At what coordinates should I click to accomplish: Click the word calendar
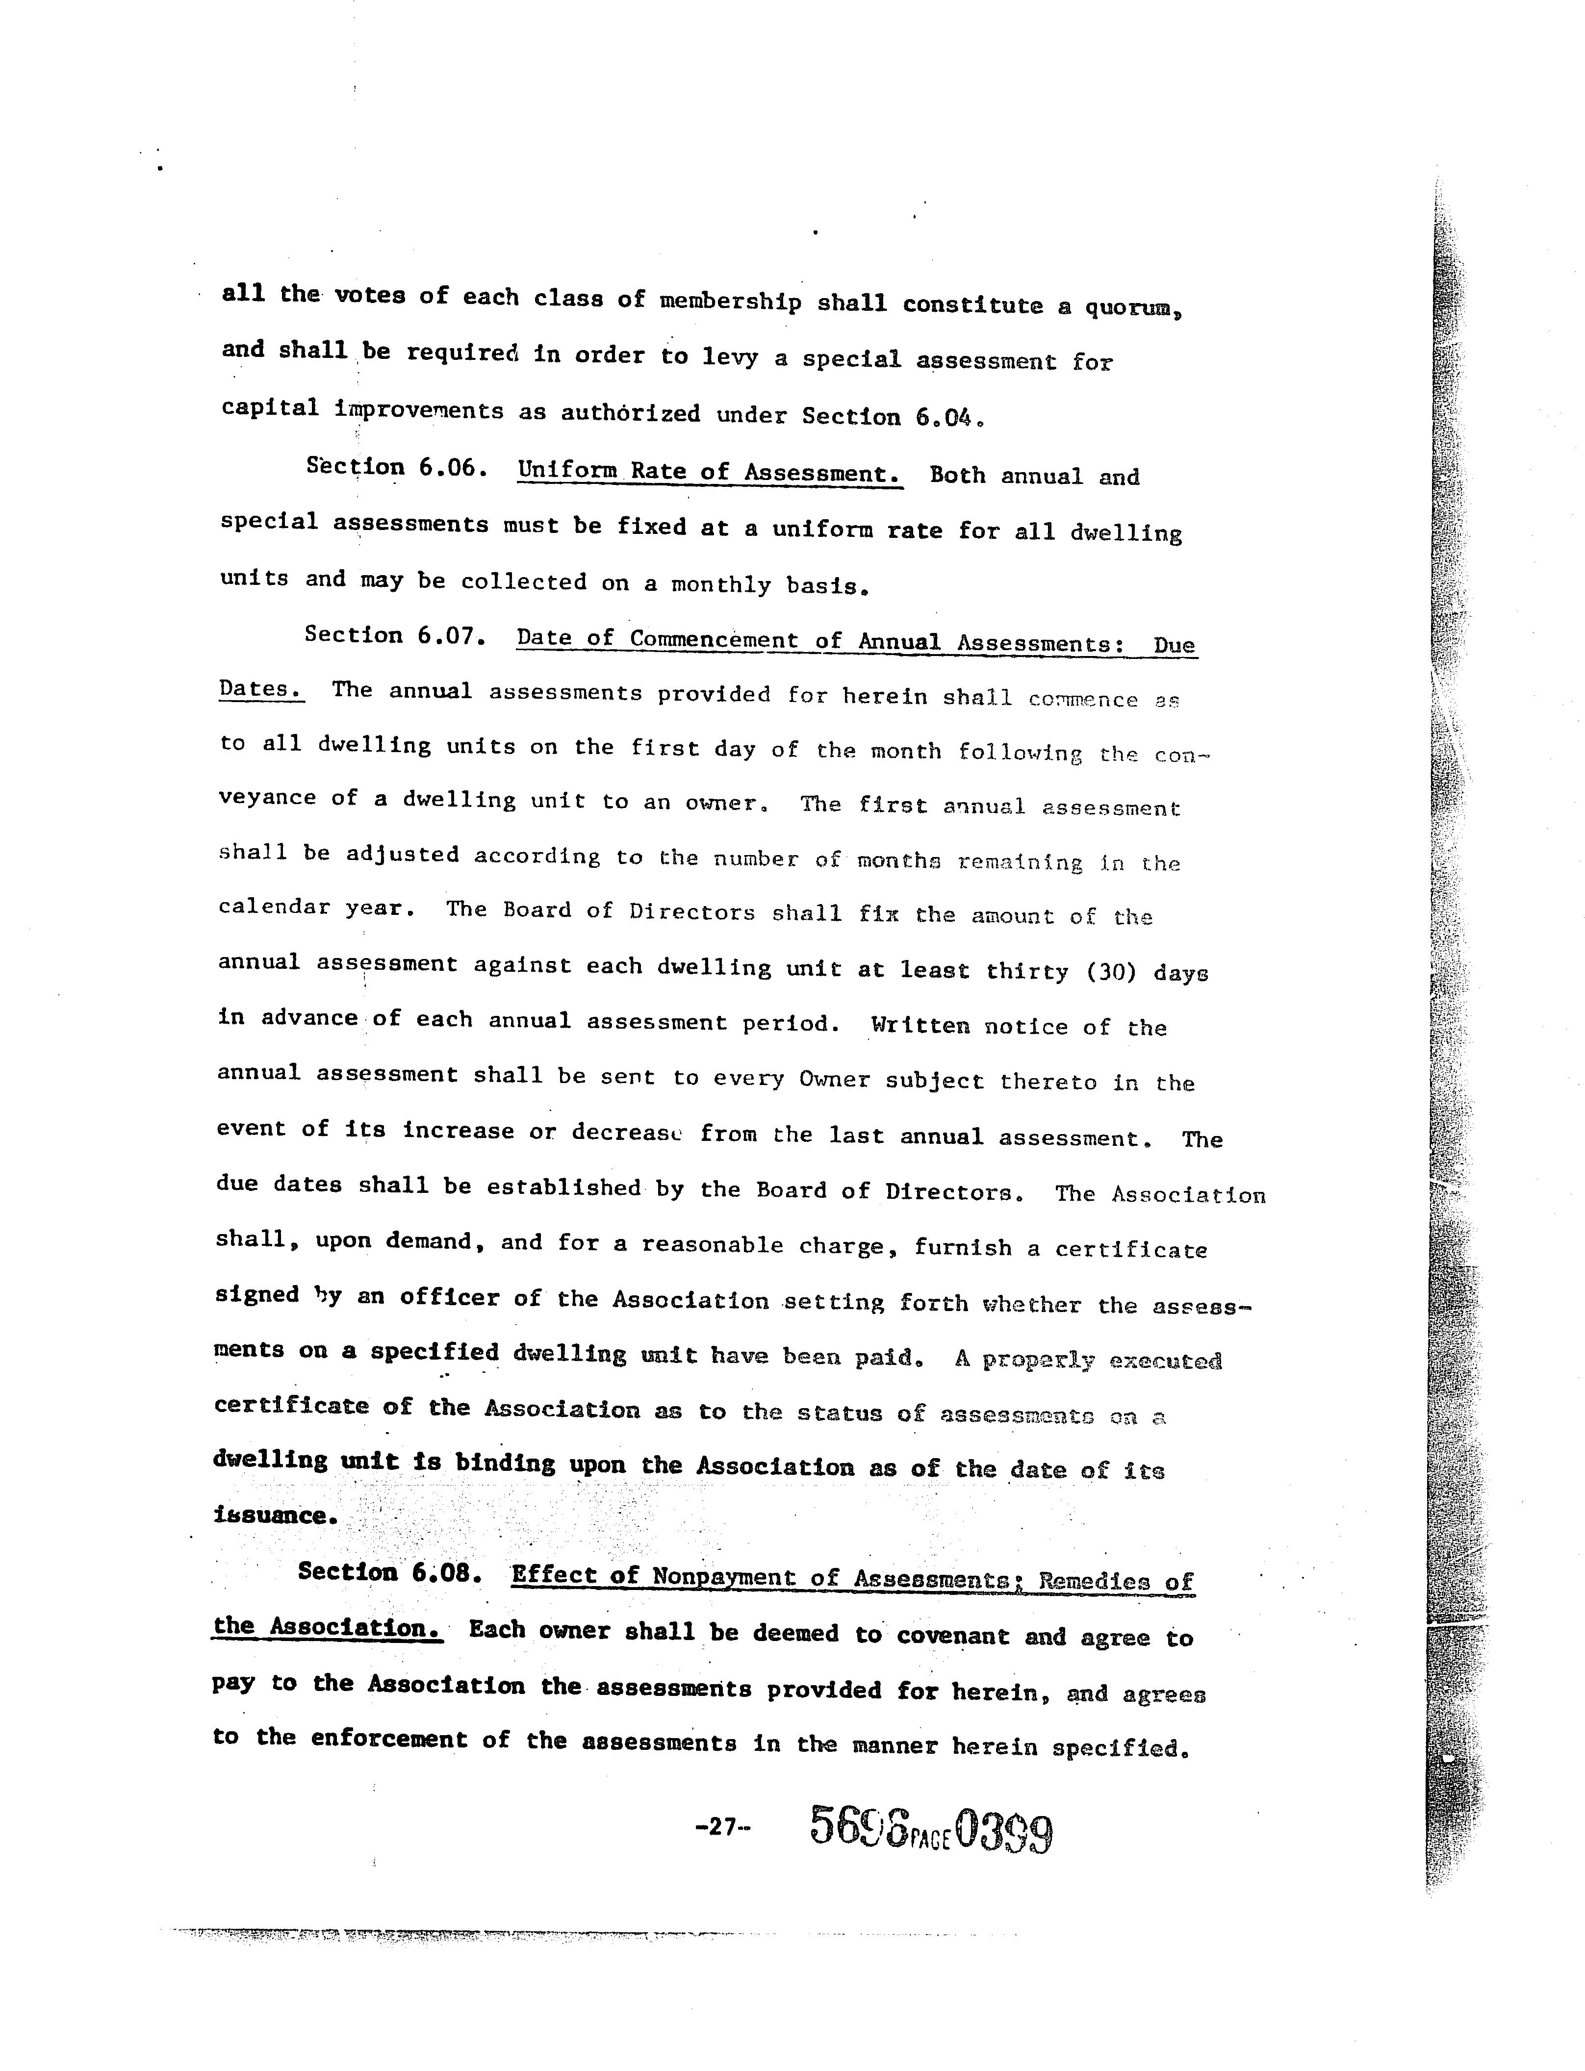click(x=274, y=907)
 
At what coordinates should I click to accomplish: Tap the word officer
click(x=447, y=1298)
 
